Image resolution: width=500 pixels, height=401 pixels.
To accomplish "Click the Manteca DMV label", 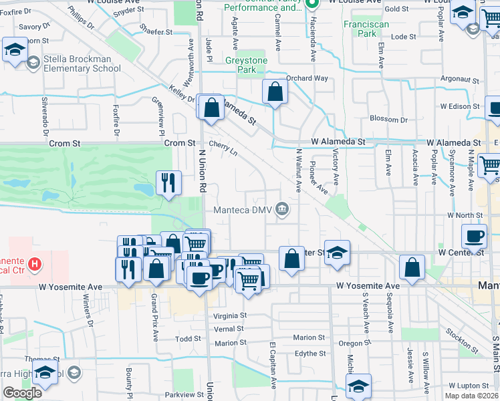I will (243, 211).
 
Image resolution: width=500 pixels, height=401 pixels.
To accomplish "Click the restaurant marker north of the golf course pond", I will (168, 182).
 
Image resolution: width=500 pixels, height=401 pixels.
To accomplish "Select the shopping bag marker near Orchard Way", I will (274, 92).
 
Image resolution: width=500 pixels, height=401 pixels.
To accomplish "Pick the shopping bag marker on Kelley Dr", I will (211, 108).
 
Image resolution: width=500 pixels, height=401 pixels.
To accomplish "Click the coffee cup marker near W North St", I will (475, 235).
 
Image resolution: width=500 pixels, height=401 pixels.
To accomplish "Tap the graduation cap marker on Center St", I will (338, 253).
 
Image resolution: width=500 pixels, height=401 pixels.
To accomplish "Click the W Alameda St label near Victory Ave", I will (338, 142).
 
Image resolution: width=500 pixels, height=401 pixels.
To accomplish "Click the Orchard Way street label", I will (307, 78).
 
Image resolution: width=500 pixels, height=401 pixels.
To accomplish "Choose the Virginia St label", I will (231, 315).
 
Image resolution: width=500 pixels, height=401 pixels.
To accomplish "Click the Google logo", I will (23, 393).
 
